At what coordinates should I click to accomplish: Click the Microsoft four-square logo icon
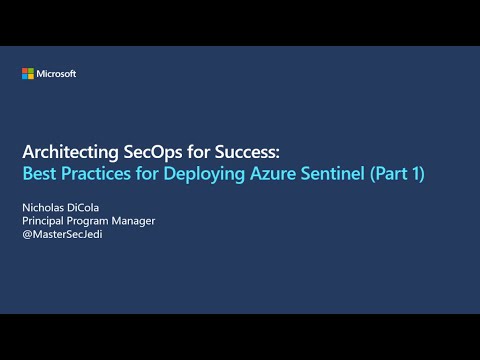click(28, 74)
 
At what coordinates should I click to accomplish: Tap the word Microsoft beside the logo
click(56, 74)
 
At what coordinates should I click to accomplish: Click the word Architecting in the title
click(66, 153)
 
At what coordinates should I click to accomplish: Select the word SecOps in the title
click(143, 153)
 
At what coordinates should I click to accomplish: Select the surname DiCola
click(95, 206)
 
